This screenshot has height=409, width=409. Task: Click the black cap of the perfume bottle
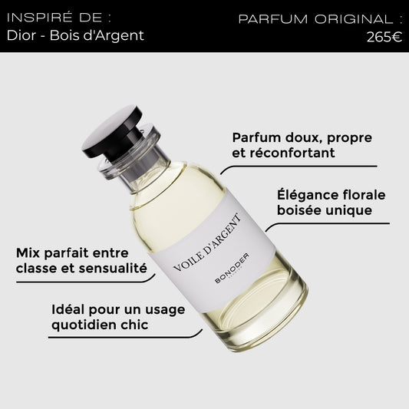111,131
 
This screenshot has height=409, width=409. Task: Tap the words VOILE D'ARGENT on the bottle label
207,242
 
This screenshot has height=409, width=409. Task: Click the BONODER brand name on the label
232,268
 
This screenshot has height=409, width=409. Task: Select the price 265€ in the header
384,37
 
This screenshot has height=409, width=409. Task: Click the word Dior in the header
21,35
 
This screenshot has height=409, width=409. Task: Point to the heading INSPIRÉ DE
59,18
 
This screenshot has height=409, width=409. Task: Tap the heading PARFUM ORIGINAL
320,19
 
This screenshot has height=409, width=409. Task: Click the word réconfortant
292,153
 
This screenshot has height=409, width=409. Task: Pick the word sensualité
113,268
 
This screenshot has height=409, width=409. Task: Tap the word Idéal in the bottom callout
68,309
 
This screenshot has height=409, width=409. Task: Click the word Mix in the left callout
28,253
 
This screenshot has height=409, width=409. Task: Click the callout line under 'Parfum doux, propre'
298,167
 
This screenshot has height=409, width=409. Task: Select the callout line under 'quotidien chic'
125,337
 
